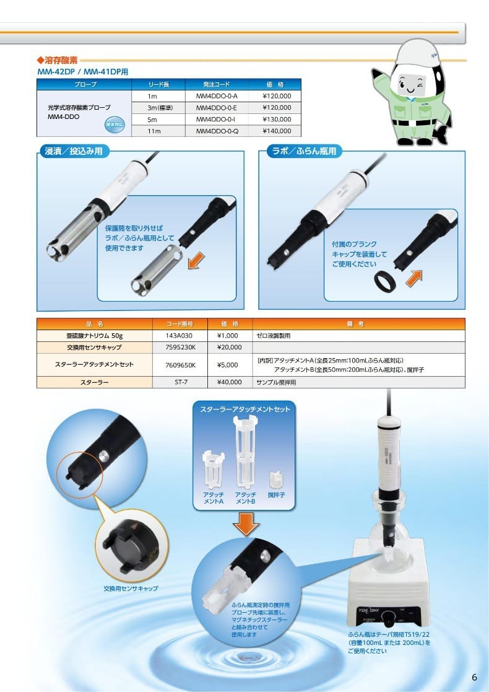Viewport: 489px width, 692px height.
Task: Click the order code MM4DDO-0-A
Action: click(217, 96)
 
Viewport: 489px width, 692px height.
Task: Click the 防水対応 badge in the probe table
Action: click(115, 125)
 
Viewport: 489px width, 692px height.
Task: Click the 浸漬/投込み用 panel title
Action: click(74, 151)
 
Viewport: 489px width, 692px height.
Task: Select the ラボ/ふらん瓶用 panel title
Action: click(305, 151)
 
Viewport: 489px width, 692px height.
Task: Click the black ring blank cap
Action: click(385, 281)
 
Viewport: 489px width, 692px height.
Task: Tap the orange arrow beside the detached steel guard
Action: click(196, 260)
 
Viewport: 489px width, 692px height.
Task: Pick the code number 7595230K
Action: click(180, 348)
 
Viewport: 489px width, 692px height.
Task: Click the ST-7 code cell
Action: click(181, 382)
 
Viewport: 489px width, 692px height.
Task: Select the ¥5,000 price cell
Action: click(228, 365)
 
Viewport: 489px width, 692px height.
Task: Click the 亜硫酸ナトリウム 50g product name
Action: click(94, 336)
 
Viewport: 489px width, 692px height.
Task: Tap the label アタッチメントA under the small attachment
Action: click(214, 498)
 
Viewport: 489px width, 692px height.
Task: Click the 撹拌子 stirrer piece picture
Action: click(277, 480)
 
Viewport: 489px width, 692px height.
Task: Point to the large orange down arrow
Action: click(246, 525)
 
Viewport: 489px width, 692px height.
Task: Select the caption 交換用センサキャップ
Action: click(131, 589)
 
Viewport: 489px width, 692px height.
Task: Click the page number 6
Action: click(474, 677)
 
